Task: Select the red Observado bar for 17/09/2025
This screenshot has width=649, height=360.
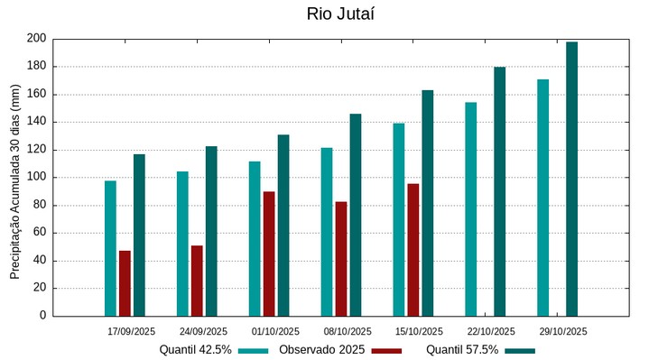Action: pyautogui.click(x=125, y=283)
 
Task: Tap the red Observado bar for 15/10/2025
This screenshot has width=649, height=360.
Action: pyautogui.click(x=413, y=250)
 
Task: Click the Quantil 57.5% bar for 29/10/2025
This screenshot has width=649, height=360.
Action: pyautogui.click(x=571, y=179)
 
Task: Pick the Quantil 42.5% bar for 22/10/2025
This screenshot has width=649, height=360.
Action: pyautogui.click(x=470, y=209)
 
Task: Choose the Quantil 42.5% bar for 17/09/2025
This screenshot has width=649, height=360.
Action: pyautogui.click(x=110, y=248)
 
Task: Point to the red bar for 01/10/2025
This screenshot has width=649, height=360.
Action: pyautogui.click(x=269, y=254)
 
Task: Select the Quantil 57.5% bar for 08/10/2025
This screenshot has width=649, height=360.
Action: pyautogui.click(x=356, y=215)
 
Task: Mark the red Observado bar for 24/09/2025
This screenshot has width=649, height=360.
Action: pyautogui.click(x=197, y=281)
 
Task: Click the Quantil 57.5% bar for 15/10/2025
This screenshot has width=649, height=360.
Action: pyautogui.click(x=428, y=203)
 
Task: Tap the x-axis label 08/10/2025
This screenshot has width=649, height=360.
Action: pyautogui.click(x=348, y=331)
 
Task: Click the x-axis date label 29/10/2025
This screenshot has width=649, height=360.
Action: pyautogui.click(x=563, y=331)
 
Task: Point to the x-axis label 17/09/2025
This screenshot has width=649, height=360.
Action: pyautogui.click(x=131, y=331)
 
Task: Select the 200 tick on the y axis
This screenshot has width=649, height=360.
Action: pyautogui.click(x=36, y=39)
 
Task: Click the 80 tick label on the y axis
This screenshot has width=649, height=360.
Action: pyautogui.click(x=39, y=205)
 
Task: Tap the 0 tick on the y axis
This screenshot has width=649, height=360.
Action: pyautogui.click(x=42, y=316)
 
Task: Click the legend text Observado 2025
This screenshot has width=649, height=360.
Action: pyautogui.click(x=321, y=350)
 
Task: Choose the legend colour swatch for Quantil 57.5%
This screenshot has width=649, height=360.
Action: pyautogui.click(x=520, y=350)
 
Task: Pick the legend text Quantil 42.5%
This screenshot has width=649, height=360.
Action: pyautogui.click(x=196, y=350)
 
